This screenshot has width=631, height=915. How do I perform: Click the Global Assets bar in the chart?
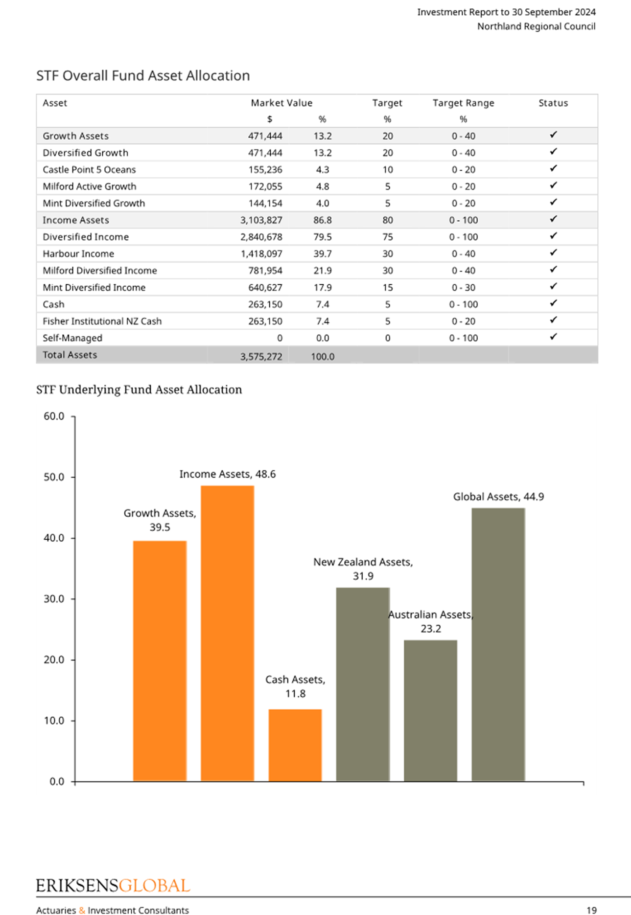click(498, 644)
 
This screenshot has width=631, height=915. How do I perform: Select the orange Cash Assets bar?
click(295, 745)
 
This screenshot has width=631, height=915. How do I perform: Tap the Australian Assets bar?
click(430, 710)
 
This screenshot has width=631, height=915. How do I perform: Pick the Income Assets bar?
click(228, 633)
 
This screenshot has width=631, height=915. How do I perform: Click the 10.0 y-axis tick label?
click(54, 721)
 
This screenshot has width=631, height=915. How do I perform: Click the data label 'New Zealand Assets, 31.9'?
click(363, 569)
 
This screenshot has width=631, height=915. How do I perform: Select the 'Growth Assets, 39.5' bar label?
click(160, 520)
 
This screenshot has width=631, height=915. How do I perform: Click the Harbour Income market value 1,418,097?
click(261, 254)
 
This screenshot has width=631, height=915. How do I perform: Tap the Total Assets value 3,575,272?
click(261, 357)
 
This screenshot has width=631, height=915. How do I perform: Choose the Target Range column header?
click(463, 103)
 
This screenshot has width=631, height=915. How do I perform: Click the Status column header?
click(553, 103)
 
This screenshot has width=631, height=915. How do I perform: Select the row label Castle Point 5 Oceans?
click(89, 170)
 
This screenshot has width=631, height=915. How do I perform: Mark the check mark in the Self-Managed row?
click(553, 337)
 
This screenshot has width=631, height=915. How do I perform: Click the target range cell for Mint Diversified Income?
click(463, 288)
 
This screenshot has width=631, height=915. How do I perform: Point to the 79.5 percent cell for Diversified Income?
click(323, 237)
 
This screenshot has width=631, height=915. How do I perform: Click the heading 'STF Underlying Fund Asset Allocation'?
click(139, 390)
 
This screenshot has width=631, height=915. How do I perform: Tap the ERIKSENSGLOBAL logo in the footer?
click(113, 886)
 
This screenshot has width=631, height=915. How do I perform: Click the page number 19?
click(592, 910)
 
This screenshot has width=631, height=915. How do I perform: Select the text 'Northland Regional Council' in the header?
click(537, 26)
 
